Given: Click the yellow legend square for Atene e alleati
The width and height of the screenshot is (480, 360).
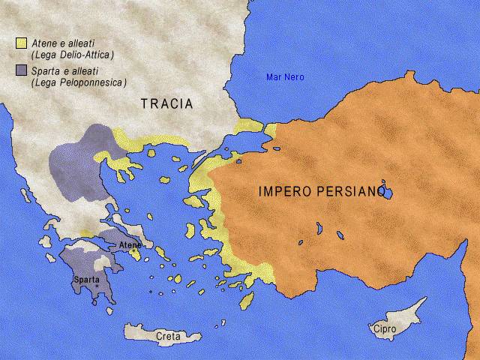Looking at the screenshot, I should [21, 43].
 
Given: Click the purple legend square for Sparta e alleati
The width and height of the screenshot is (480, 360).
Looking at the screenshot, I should [21, 71].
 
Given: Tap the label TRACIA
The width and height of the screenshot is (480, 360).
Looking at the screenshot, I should [166, 104].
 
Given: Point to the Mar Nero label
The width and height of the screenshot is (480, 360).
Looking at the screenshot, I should [285, 77].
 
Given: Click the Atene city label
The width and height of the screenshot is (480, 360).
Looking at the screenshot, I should [130, 244].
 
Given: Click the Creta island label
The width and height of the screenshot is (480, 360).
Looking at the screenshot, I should [168, 337].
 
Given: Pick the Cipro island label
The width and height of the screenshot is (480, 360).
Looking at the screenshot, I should [382, 328].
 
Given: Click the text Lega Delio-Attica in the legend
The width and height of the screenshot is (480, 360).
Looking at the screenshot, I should [72, 55].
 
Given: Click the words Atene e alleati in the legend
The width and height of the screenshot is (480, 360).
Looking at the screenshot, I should [63, 43].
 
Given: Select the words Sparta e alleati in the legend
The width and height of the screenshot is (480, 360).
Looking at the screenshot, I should [65, 71].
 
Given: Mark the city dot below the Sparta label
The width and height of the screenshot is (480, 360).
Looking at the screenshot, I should [96, 286].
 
